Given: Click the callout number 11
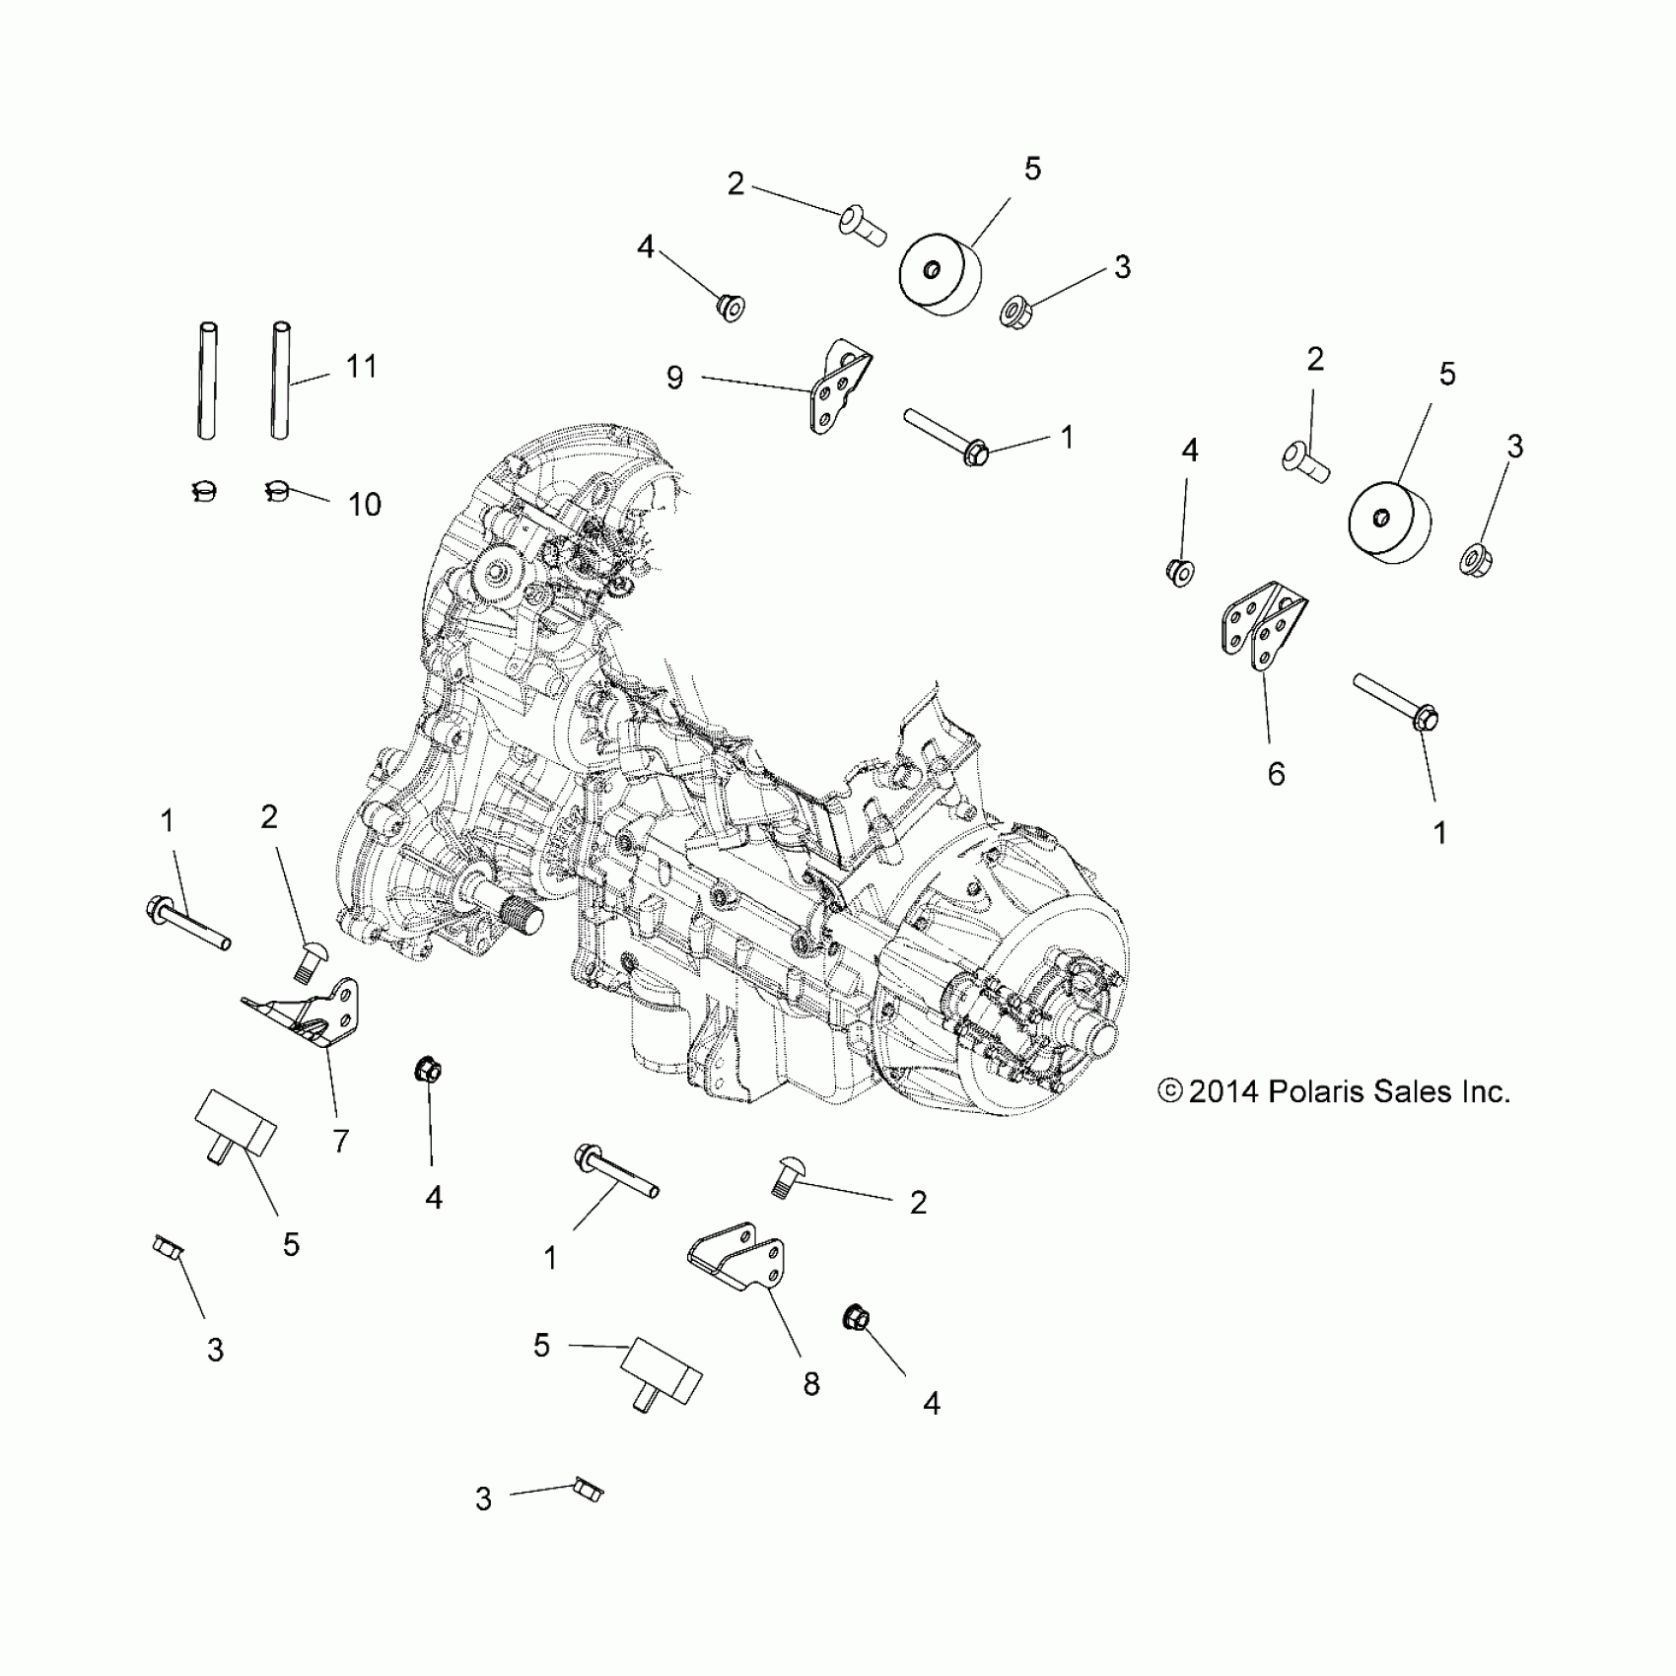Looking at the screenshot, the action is pos(362,367).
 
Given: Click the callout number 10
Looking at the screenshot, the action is pos(364,505).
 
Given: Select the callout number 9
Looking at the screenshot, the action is pos(674,378).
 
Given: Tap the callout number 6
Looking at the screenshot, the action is pos(1276,774).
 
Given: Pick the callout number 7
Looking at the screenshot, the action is pos(340,1141).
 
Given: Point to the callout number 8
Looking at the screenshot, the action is pos(810,1384).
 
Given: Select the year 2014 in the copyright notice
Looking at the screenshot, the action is pos(1223,1091).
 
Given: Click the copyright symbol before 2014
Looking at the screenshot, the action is pos(1170,1091).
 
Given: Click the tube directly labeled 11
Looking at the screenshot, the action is pos(281,380).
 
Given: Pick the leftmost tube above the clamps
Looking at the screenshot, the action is pos(207,380).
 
